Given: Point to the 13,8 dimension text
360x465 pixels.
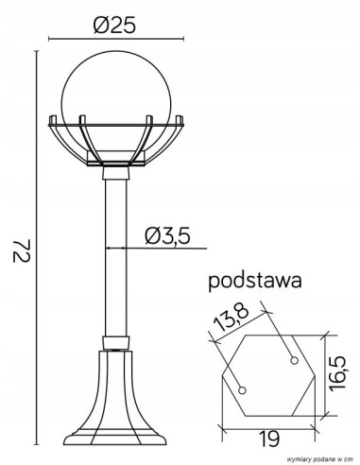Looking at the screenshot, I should [231, 318].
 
